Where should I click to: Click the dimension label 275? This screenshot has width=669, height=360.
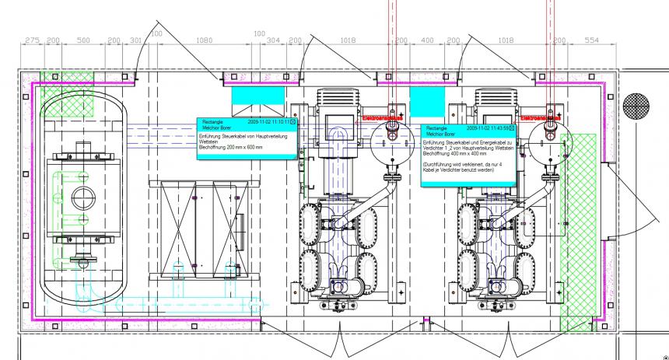(32, 40)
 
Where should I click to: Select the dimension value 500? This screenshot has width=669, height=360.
(83, 40)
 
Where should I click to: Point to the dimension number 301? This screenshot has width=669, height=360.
(135, 40)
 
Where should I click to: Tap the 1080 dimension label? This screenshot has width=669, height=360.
(203, 40)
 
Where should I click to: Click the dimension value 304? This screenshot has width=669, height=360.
(273, 40)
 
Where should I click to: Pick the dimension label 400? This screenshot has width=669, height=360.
(427, 40)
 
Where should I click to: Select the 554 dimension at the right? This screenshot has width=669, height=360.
(592, 40)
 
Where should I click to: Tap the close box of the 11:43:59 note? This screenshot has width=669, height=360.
(511, 128)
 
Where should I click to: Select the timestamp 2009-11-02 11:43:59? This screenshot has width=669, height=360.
(486, 128)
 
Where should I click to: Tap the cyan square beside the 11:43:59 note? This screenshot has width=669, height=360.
(426, 101)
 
